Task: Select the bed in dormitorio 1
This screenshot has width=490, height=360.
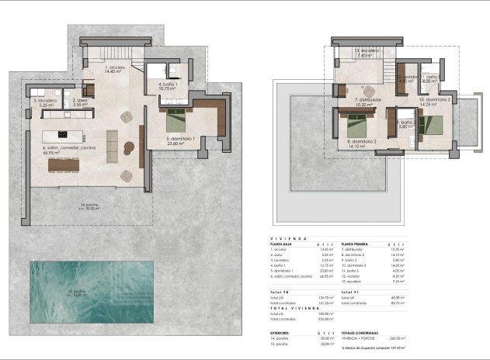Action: [x=175, y=119]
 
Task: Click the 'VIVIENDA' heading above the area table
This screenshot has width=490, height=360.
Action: [x=288, y=239]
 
